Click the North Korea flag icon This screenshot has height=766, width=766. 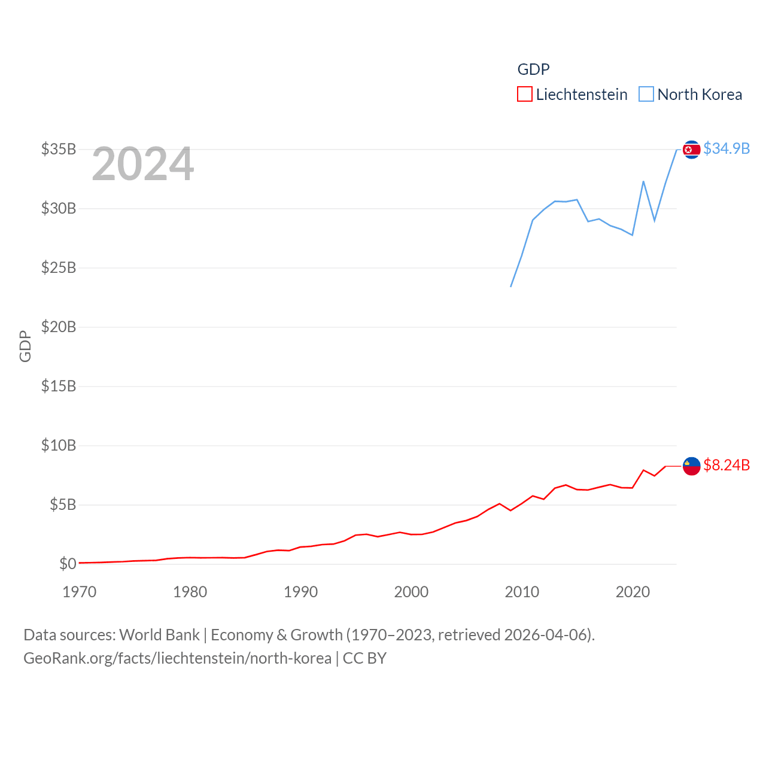[x=691, y=150]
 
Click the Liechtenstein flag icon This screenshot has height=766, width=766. [x=691, y=466]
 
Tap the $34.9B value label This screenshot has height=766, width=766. [x=727, y=148]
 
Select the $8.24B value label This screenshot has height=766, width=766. [x=727, y=465]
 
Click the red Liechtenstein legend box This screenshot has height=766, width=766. [x=525, y=95]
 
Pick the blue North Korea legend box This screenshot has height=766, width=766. [x=646, y=95]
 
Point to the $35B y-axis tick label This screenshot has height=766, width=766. [x=59, y=149]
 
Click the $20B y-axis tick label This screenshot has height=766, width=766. [x=59, y=327]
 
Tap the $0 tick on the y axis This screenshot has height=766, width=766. [x=68, y=564]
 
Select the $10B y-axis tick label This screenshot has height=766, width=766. [x=59, y=445]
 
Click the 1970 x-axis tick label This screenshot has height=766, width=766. [x=80, y=592]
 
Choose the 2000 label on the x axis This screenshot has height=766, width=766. [x=411, y=592]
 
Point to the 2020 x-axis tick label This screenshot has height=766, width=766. [x=633, y=592]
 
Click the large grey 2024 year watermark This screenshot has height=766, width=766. [x=143, y=164]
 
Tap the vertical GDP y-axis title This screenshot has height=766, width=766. [x=25, y=346]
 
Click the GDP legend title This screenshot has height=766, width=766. [x=533, y=69]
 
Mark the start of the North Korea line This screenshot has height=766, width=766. [x=511, y=286]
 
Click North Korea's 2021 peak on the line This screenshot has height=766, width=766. [x=643, y=181]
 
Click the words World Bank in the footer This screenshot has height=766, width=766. [x=160, y=634]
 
